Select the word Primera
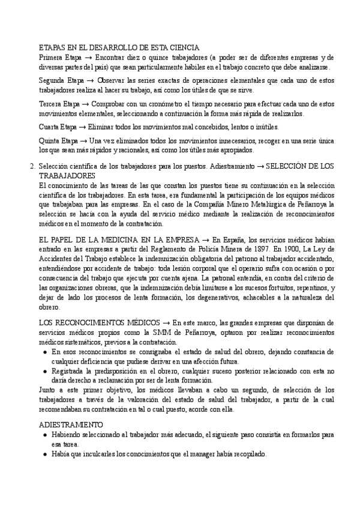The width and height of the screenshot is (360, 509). pos(51,57)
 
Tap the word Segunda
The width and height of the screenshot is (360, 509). pos(53,80)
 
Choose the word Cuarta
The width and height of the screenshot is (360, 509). pos(49,127)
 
